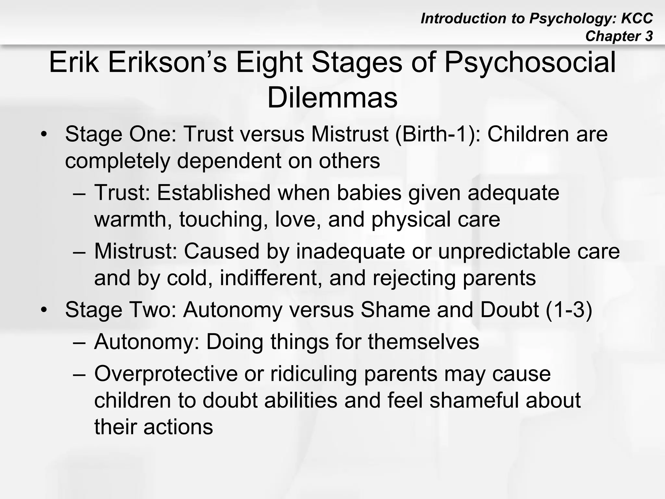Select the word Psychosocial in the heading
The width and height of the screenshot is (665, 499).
(530, 62)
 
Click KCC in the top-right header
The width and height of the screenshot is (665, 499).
(637, 19)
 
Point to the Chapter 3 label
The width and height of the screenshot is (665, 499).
(619, 36)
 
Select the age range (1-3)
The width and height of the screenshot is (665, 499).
(569, 310)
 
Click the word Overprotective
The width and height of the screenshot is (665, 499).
(166, 374)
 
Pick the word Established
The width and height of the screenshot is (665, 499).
(214, 193)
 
